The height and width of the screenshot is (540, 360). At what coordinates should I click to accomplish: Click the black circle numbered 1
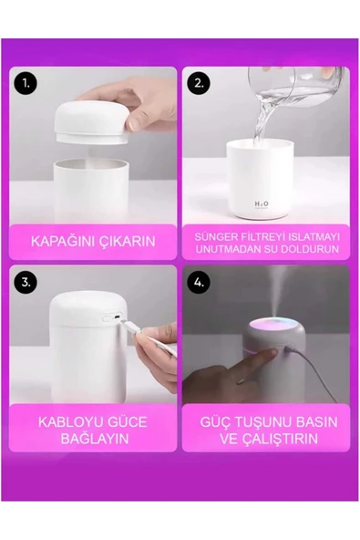pyautogui.click(x=26, y=83)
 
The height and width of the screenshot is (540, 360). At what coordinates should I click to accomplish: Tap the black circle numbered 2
pyautogui.click(x=199, y=83)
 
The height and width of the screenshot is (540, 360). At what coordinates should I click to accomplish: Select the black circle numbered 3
pyautogui.click(x=26, y=282)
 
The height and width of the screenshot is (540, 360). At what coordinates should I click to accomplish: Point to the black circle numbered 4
pyautogui.click(x=199, y=282)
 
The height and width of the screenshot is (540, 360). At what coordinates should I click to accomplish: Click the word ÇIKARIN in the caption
pyautogui.click(x=124, y=241)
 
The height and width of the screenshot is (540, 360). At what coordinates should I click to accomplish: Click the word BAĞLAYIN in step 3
pyautogui.click(x=95, y=439)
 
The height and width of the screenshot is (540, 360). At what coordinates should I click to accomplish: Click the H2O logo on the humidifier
pyautogui.click(x=262, y=204)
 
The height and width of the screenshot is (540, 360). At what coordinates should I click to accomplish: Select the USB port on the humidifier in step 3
pyautogui.click(x=118, y=317)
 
